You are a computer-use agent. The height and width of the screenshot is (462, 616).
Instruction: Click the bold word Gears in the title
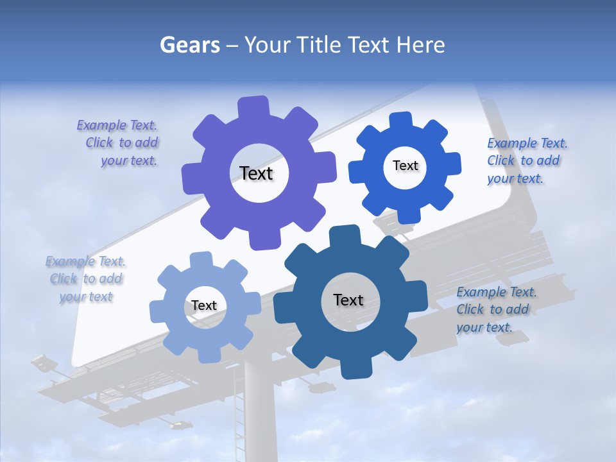pyautogui.click(x=189, y=45)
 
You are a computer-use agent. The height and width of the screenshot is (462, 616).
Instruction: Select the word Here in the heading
pyautogui.click(x=421, y=45)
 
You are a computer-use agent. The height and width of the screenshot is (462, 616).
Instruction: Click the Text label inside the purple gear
pyautogui.click(x=256, y=173)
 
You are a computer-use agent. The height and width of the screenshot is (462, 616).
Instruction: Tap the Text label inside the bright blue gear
pyautogui.click(x=405, y=166)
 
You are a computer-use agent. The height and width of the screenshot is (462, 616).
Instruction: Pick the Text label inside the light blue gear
pyautogui.click(x=203, y=306)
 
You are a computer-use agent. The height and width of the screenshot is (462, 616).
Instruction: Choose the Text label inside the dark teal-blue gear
pyautogui.click(x=348, y=300)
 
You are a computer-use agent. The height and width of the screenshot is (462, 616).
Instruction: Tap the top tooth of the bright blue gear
pyautogui.click(x=401, y=120)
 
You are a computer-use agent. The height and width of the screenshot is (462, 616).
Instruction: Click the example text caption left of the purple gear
pyautogui.click(x=118, y=143)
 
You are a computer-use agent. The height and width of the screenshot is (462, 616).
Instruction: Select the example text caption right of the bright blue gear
pyautogui.click(x=526, y=161)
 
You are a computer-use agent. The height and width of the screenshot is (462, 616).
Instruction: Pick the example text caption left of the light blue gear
pyautogui.click(x=86, y=279)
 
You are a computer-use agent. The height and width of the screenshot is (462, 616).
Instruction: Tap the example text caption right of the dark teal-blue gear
pyautogui.click(x=495, y=310)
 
